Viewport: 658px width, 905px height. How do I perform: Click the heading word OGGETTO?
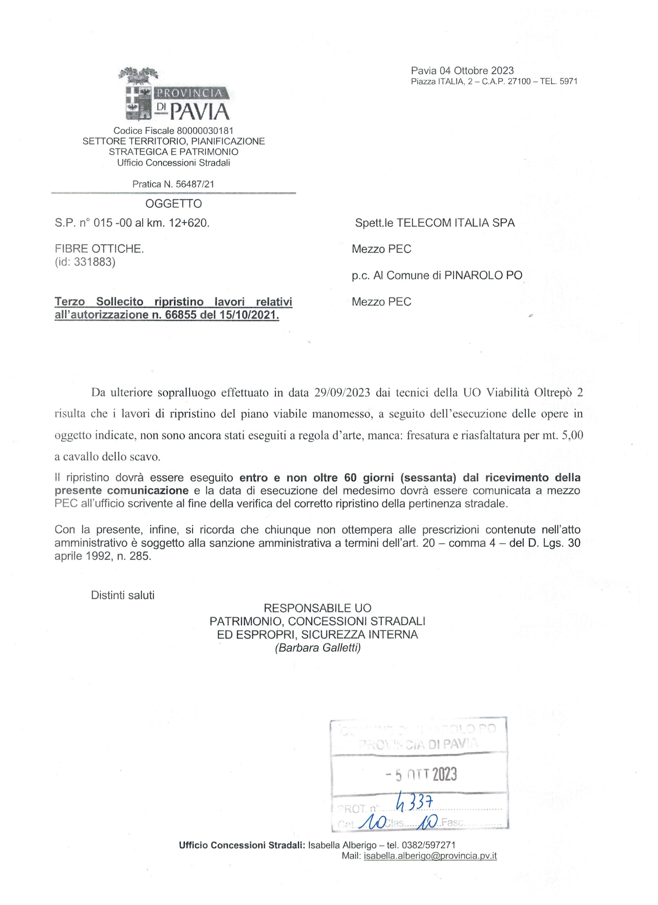coord(174,204)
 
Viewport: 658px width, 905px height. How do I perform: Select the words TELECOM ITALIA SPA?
coord(455,223)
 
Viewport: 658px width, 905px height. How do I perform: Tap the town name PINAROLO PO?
coord(483,275)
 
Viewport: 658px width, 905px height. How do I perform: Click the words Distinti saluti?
coord(123,595)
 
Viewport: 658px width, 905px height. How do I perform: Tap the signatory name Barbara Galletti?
coord(318,648)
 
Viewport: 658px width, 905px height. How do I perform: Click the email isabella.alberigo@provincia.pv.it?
coord(430,856)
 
